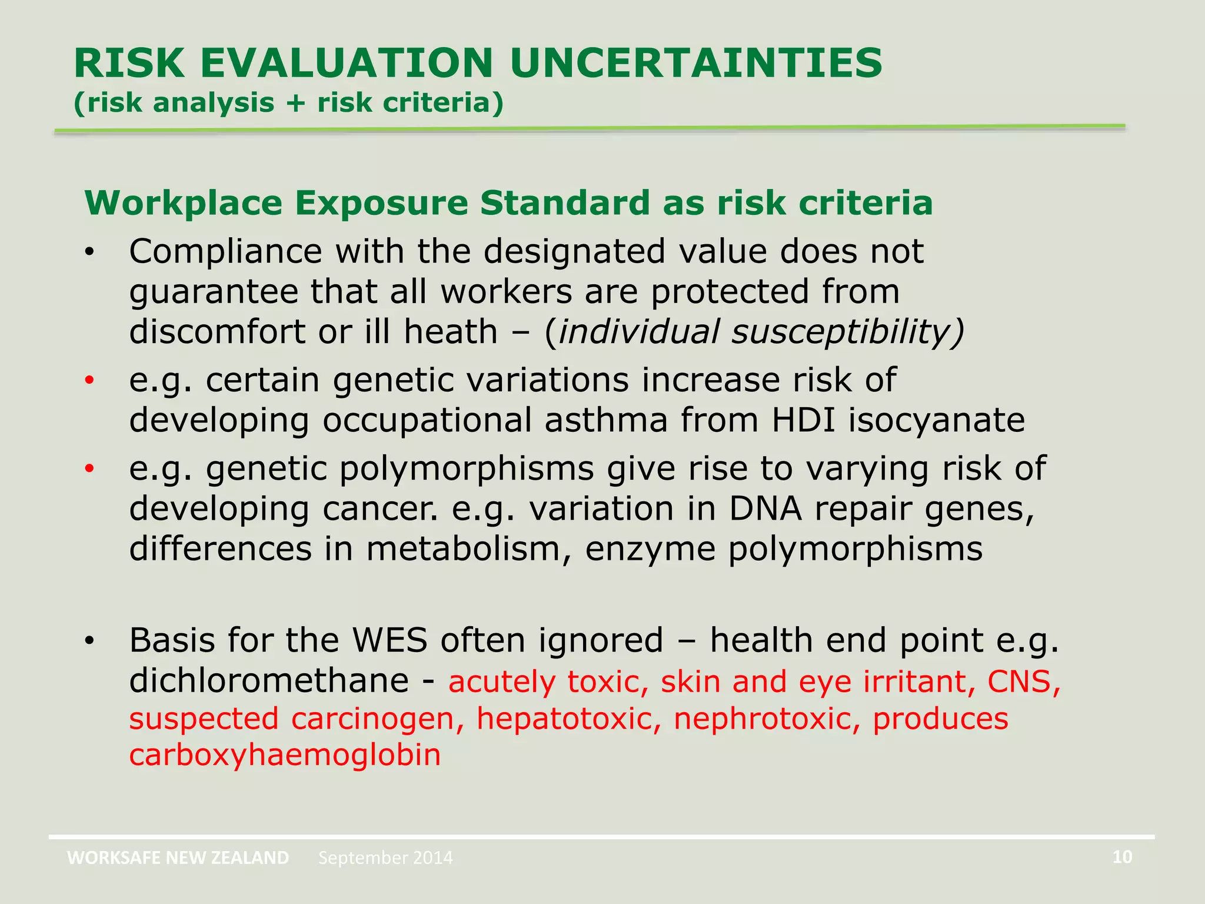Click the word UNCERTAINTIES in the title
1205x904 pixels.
pos(696,63)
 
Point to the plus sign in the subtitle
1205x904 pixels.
pos(296,103)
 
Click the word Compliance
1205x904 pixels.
pos(225,252)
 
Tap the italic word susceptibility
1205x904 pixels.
pos(847,331)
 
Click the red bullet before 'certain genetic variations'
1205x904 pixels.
pos(89,381)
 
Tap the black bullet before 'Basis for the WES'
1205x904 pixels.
pos(89,641)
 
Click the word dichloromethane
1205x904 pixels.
pos(269,681)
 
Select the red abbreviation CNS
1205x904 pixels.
pos(1023,682)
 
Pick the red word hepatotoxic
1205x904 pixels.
pos(568,719)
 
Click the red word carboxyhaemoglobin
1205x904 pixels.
pos(285,755)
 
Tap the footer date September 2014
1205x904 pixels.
pos(385,858)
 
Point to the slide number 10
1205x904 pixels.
pos(1122,857)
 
